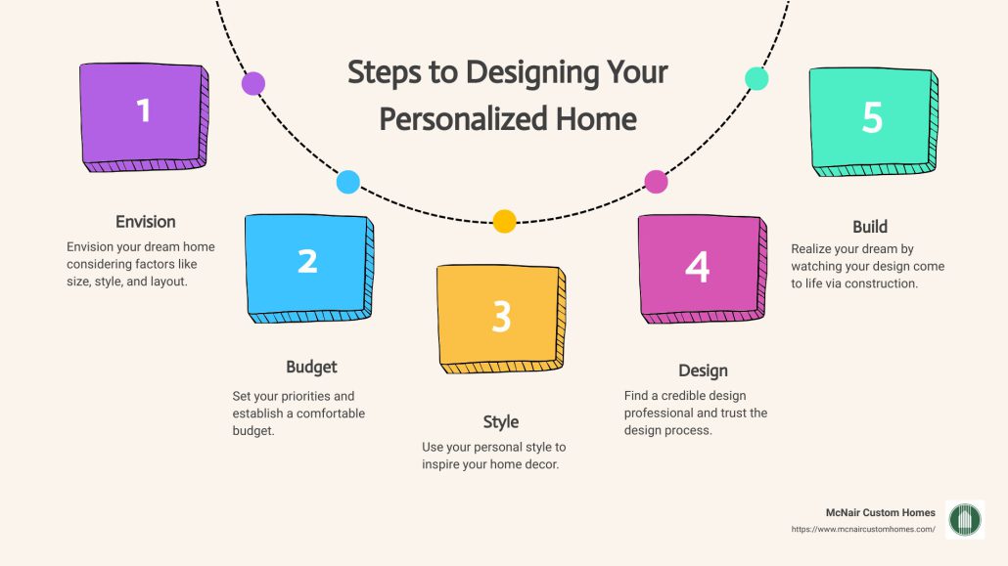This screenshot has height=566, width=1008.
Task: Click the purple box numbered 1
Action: (143, 113)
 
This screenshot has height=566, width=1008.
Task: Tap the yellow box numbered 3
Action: (500, 319)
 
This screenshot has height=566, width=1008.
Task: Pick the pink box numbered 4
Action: (697, 268)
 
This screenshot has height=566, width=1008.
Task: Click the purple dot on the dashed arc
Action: (253, 83)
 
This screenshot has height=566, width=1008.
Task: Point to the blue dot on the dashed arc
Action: (347, 182)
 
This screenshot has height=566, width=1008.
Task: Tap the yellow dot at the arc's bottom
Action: (504, 221)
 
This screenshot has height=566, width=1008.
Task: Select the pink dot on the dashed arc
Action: (656, 181)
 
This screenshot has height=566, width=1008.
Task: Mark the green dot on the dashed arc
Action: (756, 79)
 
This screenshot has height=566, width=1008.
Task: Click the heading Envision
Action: (146, 221)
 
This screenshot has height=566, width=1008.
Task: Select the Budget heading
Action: (311, 367)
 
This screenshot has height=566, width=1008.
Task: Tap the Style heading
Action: (500, 421)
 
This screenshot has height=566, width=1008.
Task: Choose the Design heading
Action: (703, 370)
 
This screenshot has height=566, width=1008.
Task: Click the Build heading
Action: (870, 227)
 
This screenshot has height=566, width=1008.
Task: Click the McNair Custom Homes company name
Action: (881, 512)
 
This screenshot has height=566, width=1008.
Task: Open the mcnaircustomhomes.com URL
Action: (863, 529)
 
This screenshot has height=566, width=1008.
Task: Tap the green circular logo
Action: (966, 519)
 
